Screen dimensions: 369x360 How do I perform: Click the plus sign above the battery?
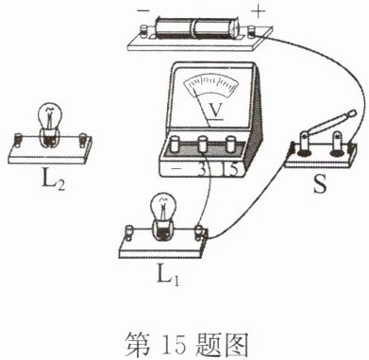point(259,12)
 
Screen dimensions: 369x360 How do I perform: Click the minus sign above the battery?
point(143,11)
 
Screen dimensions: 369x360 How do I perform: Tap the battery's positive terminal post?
point(252,32)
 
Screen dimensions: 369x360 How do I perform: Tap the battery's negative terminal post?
point(144,32)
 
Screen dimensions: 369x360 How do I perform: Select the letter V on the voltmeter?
point(215,111)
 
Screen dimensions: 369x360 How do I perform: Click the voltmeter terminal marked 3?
point(203,144)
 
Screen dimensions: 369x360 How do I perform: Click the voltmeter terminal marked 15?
point(230,144)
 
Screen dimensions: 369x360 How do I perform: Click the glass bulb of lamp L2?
point(49,117)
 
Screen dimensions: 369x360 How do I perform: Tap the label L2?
point(53,180)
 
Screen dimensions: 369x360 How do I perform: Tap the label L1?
point(168,275)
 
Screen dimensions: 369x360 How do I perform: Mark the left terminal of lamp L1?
point(129,231)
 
